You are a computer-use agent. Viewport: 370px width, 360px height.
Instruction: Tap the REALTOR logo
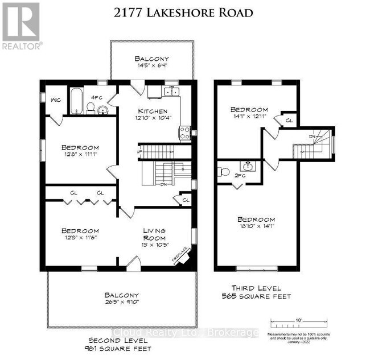21,26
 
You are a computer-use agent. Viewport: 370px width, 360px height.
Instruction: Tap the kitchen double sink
169,92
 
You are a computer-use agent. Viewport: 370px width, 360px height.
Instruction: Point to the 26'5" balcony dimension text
121,305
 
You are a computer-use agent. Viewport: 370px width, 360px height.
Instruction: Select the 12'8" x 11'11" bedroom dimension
81,157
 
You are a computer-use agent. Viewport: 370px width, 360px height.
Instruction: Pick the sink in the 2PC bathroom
248,167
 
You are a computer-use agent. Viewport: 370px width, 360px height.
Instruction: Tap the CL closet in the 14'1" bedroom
289,121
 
